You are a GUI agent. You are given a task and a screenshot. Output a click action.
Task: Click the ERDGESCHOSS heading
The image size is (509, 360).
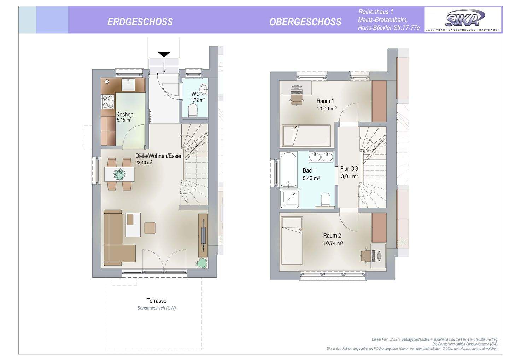tap(140, 22)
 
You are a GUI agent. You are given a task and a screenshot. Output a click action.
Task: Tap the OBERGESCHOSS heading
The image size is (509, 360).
tap(305, 22)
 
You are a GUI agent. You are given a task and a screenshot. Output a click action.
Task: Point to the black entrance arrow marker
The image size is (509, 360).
tap(164, 54)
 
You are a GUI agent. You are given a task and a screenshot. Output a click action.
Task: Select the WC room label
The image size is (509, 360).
tap(195, 94)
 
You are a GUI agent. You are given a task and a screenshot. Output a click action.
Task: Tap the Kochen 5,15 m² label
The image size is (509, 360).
tap(125, 117)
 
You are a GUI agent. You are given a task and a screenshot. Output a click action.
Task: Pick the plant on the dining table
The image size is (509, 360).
tap(119, 174)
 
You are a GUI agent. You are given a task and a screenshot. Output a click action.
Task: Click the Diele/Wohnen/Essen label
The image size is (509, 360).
tap(159, 156)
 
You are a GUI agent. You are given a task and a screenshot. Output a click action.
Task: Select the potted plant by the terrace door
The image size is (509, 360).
tap(203, 262)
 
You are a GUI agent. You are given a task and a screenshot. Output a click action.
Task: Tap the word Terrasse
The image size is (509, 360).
tap(157, 301)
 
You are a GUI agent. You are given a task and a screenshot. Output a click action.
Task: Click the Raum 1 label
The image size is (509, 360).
tap(325, 101)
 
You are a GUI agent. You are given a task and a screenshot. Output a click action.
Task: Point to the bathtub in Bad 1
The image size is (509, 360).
tap(288, 169)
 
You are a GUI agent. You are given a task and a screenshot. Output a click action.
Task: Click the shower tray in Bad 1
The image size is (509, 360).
tap(289, 199)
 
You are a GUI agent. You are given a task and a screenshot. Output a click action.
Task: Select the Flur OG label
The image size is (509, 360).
tap(349, 169)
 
